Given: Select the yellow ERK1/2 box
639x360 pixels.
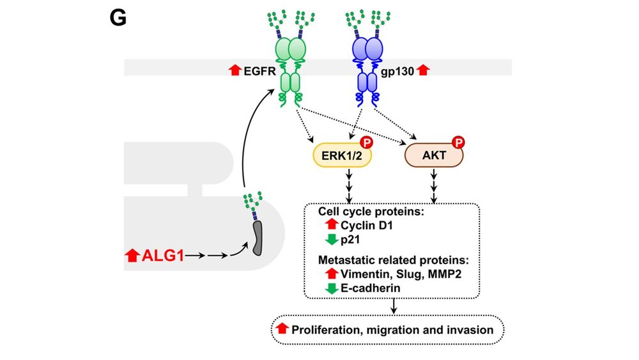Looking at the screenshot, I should (x=341, y=155).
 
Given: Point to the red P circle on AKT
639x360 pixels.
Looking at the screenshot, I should (x=458, y=142).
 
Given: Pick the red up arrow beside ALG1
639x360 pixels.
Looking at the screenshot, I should (x=132, y=256).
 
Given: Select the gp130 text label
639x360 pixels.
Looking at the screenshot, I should (x=399, y=70).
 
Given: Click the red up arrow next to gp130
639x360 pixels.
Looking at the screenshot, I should (x=422, y=70).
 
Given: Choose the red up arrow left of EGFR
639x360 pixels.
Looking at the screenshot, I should (x=235, y=70).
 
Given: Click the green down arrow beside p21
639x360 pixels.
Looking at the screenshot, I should (x=330, y=240).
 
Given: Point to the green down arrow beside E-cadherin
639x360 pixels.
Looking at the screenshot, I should (x=330, y=288).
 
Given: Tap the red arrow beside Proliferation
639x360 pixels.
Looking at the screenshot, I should (x=282, y=330).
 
